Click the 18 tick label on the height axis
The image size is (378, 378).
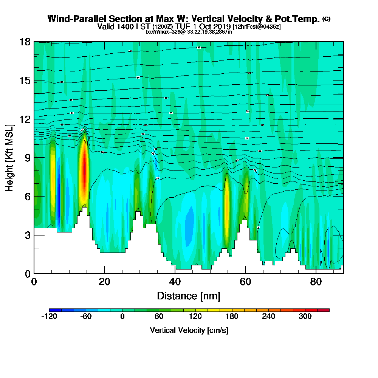(25, 42)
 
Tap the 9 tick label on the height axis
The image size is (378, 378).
(28, 158)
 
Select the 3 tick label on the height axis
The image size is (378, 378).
(28, 235)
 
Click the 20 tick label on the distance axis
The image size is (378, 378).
(104, 282)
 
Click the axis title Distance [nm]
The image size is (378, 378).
(189, 296)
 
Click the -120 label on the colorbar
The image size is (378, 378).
(49, 316)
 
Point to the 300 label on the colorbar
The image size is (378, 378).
(305, 316)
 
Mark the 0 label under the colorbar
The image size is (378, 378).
(122, 316)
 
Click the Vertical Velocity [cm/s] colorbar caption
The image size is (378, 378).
(189, 330)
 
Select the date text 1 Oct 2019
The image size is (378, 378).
(212, 26)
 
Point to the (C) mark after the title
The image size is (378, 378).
(326, 19)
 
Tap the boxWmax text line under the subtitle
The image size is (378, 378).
(189, 32)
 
